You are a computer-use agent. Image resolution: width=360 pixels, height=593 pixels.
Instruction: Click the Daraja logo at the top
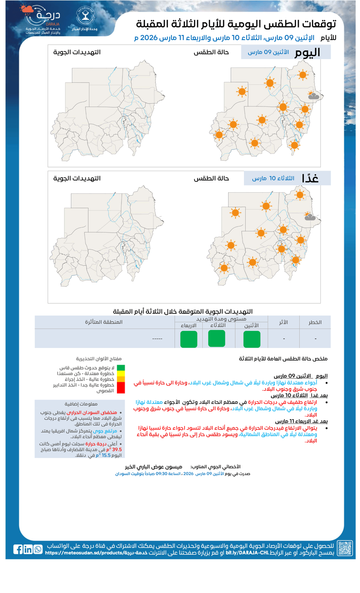coord(43,20)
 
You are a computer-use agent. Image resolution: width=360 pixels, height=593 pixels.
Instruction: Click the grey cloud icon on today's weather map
coord(313,96)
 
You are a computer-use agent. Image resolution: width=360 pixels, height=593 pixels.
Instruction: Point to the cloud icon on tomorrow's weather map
coord(310,217)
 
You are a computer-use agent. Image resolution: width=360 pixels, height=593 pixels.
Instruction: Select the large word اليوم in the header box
coord(308,52)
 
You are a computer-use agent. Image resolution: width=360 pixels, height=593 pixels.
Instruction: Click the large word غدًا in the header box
coord(310,178)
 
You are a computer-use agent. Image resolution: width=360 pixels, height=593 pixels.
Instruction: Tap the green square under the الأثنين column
coord(252,339)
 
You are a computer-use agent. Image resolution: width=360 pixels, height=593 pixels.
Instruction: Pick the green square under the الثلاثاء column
coord(217,339)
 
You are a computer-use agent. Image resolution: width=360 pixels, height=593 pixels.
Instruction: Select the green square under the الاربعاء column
coord(189,339)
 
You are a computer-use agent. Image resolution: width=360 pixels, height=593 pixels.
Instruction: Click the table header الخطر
coord(315,322)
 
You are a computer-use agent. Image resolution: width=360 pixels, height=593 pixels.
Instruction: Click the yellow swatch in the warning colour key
coord(121,373)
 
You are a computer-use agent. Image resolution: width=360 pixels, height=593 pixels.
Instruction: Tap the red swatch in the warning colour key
coord(121,387)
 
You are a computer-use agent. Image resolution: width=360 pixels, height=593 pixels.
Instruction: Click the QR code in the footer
coord(345,548)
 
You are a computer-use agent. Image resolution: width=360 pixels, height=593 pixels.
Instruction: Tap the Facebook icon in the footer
coord(18,549)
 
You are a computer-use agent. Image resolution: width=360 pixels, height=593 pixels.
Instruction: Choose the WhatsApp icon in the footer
coord(38,549)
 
